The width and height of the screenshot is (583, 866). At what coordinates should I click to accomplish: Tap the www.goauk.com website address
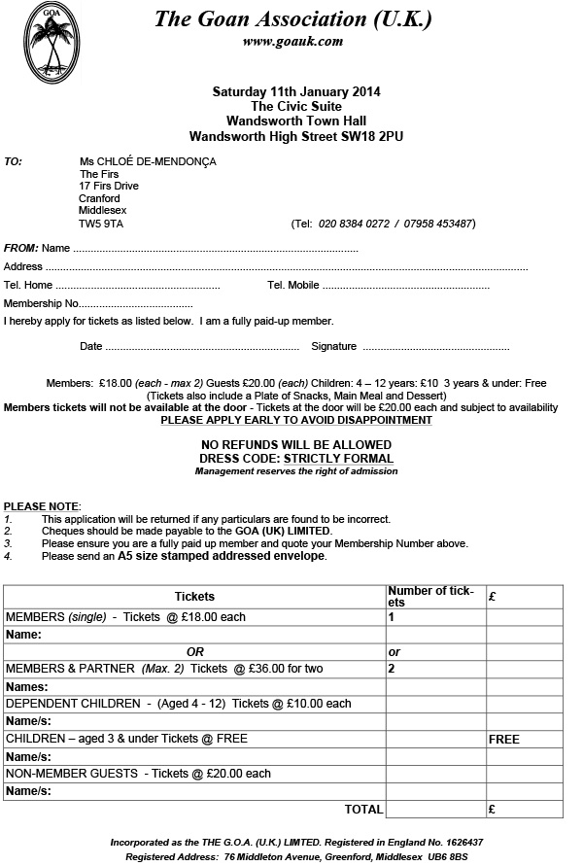point(292,41)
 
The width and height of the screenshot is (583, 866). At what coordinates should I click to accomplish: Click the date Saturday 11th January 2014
point(296,91)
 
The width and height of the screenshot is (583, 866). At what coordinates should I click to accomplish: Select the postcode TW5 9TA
point(101,224)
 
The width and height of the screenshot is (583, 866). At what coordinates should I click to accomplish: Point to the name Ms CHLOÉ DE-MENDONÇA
point(148,161)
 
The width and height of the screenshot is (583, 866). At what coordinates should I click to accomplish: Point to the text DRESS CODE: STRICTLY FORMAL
point(296,459)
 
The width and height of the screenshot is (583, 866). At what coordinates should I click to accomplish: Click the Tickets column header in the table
point(194,596)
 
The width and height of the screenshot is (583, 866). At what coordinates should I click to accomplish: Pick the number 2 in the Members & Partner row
point(392,669)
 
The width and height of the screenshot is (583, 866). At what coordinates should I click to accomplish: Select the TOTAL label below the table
point(363,808)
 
